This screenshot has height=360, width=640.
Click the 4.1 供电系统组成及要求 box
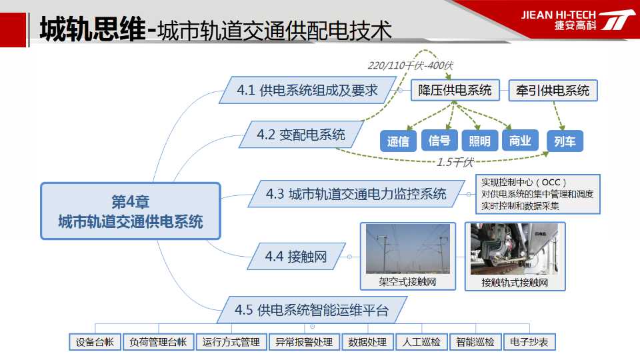307,90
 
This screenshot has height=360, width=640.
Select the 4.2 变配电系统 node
301,134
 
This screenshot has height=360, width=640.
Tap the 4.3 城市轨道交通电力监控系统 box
356,194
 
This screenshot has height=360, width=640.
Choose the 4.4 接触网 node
296,256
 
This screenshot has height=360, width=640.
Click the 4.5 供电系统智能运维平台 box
312,310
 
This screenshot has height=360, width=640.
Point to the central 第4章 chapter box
131,211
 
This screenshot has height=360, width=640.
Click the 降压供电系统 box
455,90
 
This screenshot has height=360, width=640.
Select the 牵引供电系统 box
553,90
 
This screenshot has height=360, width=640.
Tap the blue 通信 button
398,141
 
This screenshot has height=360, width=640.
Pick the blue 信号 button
439,141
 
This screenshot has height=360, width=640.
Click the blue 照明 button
479,141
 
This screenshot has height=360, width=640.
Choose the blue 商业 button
520,141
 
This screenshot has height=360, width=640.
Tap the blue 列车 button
565,141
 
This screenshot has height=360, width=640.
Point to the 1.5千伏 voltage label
455,163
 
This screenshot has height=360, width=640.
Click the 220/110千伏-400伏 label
410,65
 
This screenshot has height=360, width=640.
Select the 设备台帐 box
95,342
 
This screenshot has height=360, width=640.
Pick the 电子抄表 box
529,342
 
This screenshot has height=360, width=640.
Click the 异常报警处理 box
304,342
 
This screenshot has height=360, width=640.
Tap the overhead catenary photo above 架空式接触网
408,249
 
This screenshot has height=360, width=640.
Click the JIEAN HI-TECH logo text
558,15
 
